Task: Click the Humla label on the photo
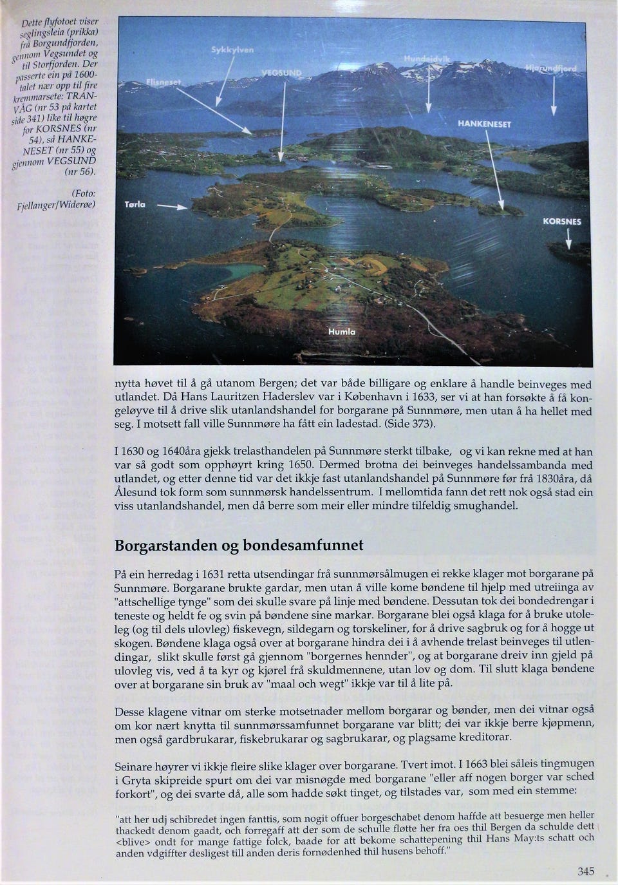pyautogui.click(x=341, y=332)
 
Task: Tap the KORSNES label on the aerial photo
pyautogui.click(x=561, y=221)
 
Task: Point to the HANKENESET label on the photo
pyautogui.click(x=484, y=124)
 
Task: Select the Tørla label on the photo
pyautogui.click(x=135, y=204)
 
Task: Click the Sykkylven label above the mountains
pyautogui.click(x=232, y=50)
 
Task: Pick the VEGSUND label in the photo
pyautogui.click(x=281, y=73)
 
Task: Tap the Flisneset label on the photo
pyautogui.click(x=164, y=82)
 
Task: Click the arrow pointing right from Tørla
pyautogui.click(x=172, y=207)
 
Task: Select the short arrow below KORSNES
pyautogui.click(x=568, y=240)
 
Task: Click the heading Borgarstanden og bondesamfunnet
pyautogui.click(x=239, y=546)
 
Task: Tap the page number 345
pyautogui.click(x=586, y=871)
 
